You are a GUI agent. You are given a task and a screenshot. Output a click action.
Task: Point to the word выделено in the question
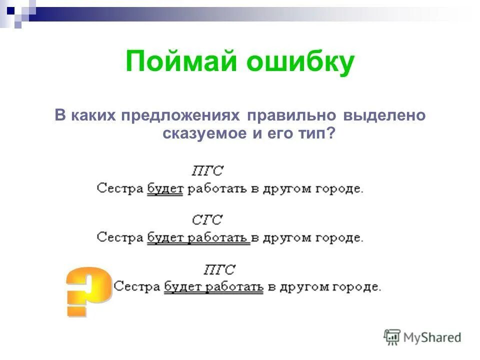click(384, 115)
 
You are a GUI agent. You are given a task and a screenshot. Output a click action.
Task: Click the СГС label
click(207, 219)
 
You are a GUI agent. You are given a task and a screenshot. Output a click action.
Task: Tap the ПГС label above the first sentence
click(207, 170)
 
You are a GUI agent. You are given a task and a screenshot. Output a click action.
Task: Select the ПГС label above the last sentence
click(219, 270)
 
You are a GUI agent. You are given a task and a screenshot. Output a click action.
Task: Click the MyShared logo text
click(432, 337)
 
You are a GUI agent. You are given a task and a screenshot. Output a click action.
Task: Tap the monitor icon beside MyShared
click(392, 337)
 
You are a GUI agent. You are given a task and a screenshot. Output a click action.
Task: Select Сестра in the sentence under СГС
click(120, 237)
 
